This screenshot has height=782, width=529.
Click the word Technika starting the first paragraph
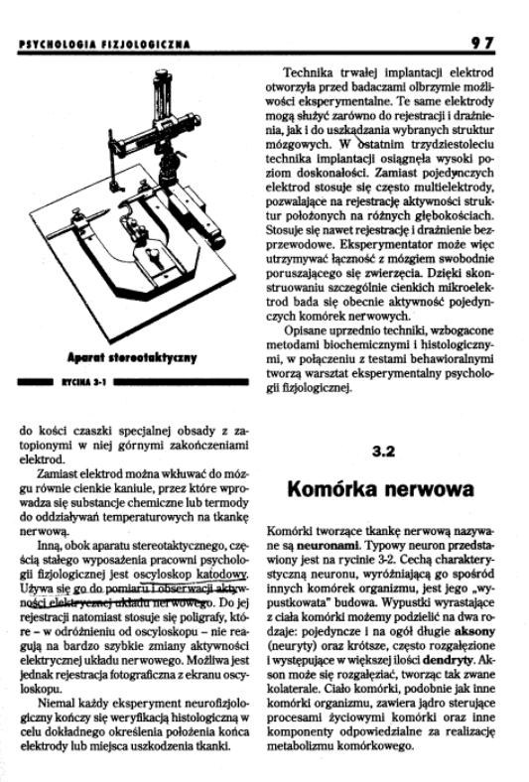310,73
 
